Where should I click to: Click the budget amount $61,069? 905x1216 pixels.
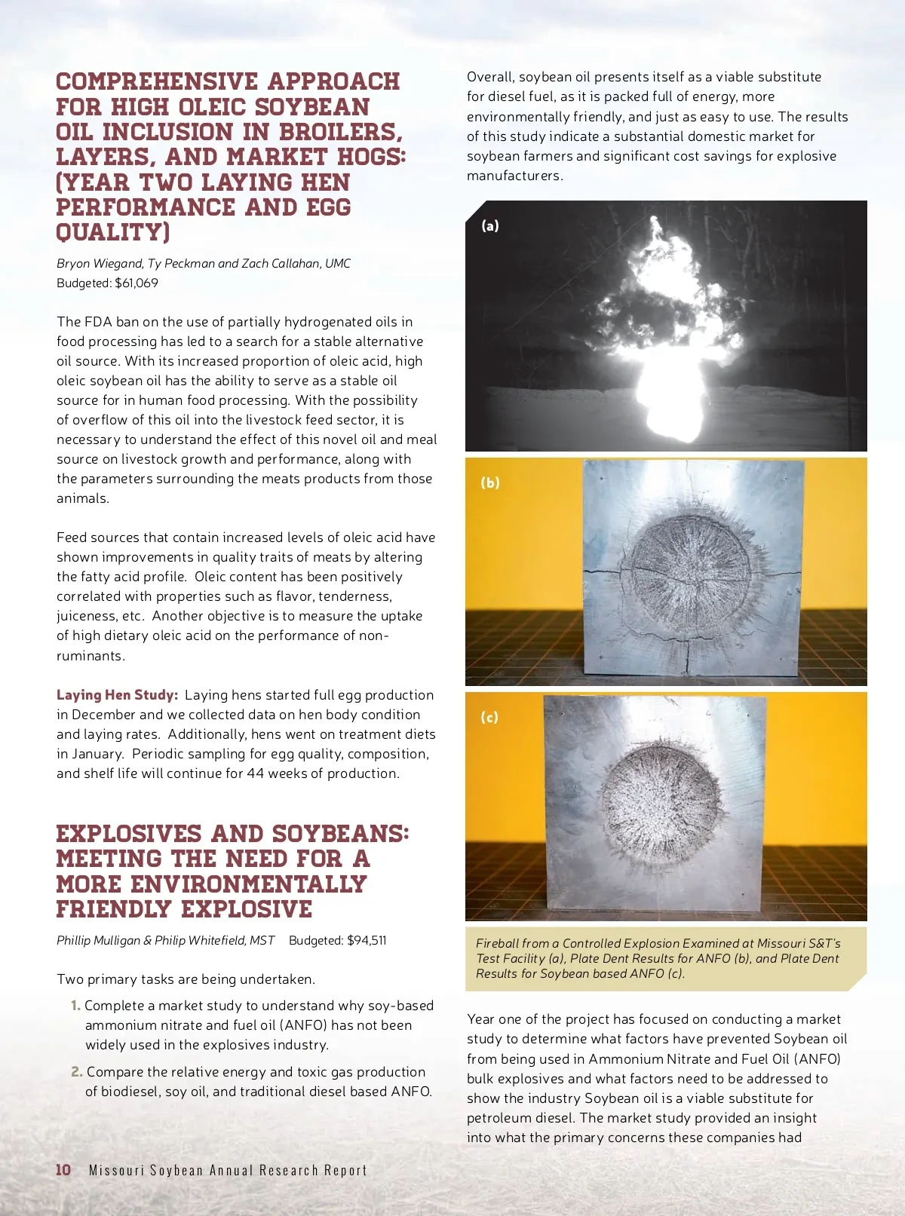pos(137,283)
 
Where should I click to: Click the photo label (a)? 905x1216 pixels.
pos(490,225)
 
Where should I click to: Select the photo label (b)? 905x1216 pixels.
pos(490,482)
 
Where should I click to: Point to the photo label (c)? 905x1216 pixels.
pos(490,717)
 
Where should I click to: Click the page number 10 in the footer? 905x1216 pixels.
pos(63,1169)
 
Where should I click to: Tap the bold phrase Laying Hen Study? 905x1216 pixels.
pos(117,695)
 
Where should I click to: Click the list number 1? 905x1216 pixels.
pos(75,1006)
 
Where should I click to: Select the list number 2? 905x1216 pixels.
pos(76,1072)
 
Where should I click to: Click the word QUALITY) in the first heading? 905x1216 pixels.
pos(113,232)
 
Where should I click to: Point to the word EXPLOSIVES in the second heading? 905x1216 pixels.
pos(129,834)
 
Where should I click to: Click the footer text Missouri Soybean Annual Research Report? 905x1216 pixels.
pos(228,1170)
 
